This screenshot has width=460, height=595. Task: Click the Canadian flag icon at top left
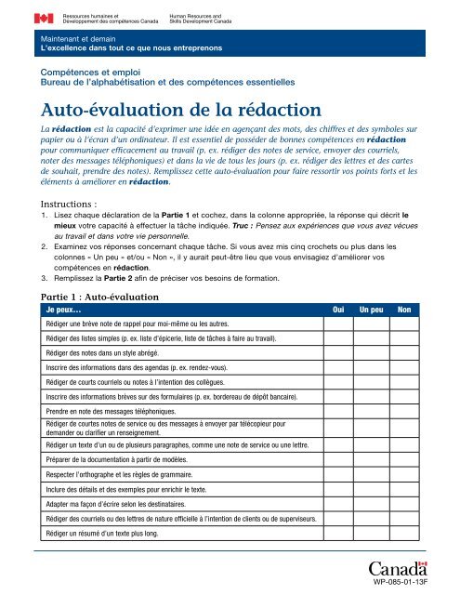44,18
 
